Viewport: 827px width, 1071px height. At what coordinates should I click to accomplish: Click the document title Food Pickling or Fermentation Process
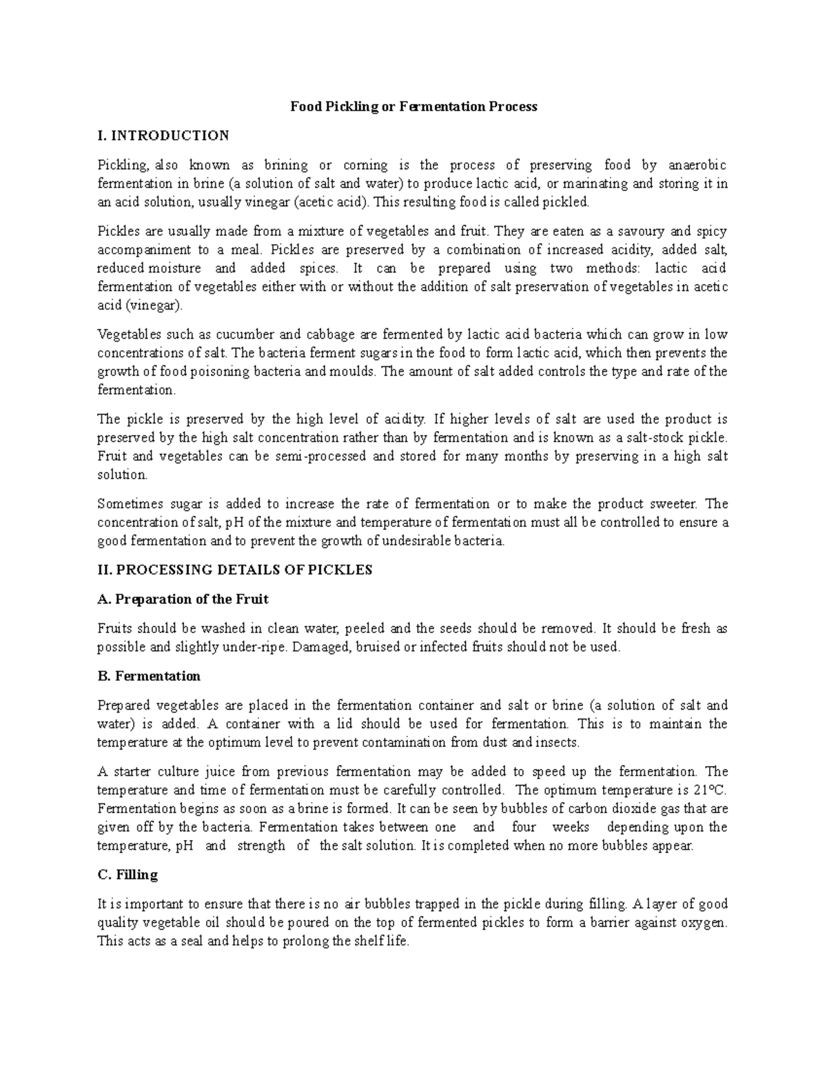pos(413,107)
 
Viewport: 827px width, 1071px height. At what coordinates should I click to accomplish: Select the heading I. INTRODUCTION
pos(163,135)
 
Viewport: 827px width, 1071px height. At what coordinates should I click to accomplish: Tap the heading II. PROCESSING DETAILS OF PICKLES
pos(235,570)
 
